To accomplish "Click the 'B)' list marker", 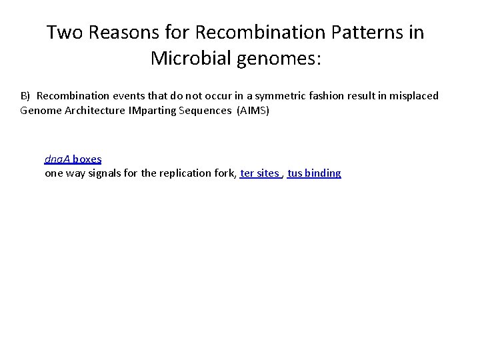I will coord(26,96).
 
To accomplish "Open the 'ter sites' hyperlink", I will coord(259,173).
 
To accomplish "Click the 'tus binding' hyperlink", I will coord(314,173).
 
